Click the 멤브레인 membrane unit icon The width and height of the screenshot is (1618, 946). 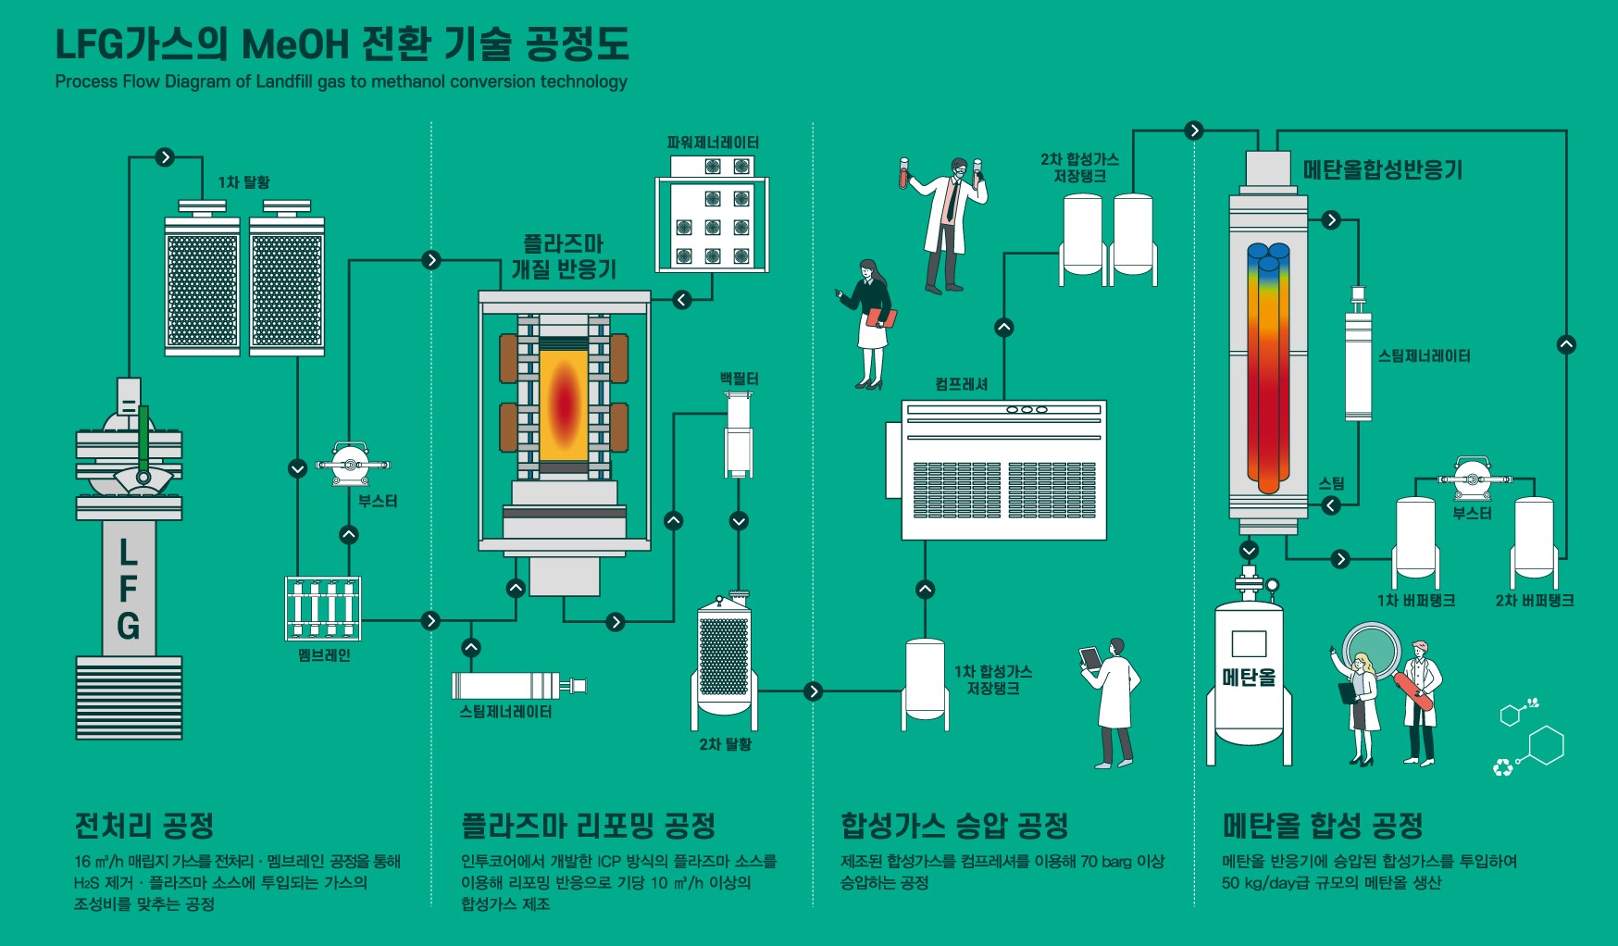pos(322,608)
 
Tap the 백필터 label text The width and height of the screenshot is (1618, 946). pos(739,379)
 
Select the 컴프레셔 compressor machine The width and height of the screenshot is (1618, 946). pos(1003,470)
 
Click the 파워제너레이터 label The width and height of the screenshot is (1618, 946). pos(713,143)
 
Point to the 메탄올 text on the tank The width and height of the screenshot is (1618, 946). pos(1249,678)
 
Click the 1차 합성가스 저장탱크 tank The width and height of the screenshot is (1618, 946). pos(925,682)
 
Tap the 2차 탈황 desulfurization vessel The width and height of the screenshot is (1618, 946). pos(724,660)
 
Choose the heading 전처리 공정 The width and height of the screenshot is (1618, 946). pos(144,824)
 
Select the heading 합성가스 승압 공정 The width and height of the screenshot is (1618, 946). pos(954,824)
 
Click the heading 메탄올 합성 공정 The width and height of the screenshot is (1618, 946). pos(1322,824)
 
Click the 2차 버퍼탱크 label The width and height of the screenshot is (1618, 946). pos(1534,601)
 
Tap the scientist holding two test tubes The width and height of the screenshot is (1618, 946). pos(946,222)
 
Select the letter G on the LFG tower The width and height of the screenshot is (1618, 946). pos(129,626)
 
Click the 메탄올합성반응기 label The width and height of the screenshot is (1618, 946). pos(1382,170)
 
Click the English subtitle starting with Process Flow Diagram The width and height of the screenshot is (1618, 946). pos(341,81)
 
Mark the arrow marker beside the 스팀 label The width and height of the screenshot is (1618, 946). pos(1331,505)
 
